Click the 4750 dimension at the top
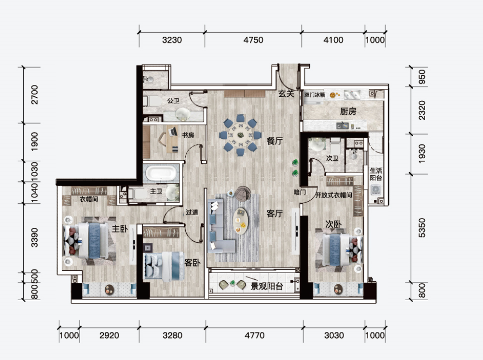click(x=253, y=40)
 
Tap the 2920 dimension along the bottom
click(x=109, y=335)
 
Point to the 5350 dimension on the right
click(x=422, y=228)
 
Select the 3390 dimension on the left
click(x=34, y=237)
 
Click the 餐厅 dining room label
click(x=275, y=141)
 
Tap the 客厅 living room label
click(x=275, y=213)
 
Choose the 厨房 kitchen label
click(x=348, y=111)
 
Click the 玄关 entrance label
click(x=286, y=93)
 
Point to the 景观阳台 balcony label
click(x=267, y=286)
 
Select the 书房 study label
click(x=188, y=135)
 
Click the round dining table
click(x=240, y=135)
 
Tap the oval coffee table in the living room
click(x=241, y=221)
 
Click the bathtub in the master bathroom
click(x=161, y=173)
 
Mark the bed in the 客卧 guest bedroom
click(x=164, y=267)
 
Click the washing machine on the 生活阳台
click(x=375, y=190)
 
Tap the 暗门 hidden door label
click(x=300, y=193)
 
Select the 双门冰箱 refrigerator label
click(x=315, y=95)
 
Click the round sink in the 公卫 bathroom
click(x=183, y=113)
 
